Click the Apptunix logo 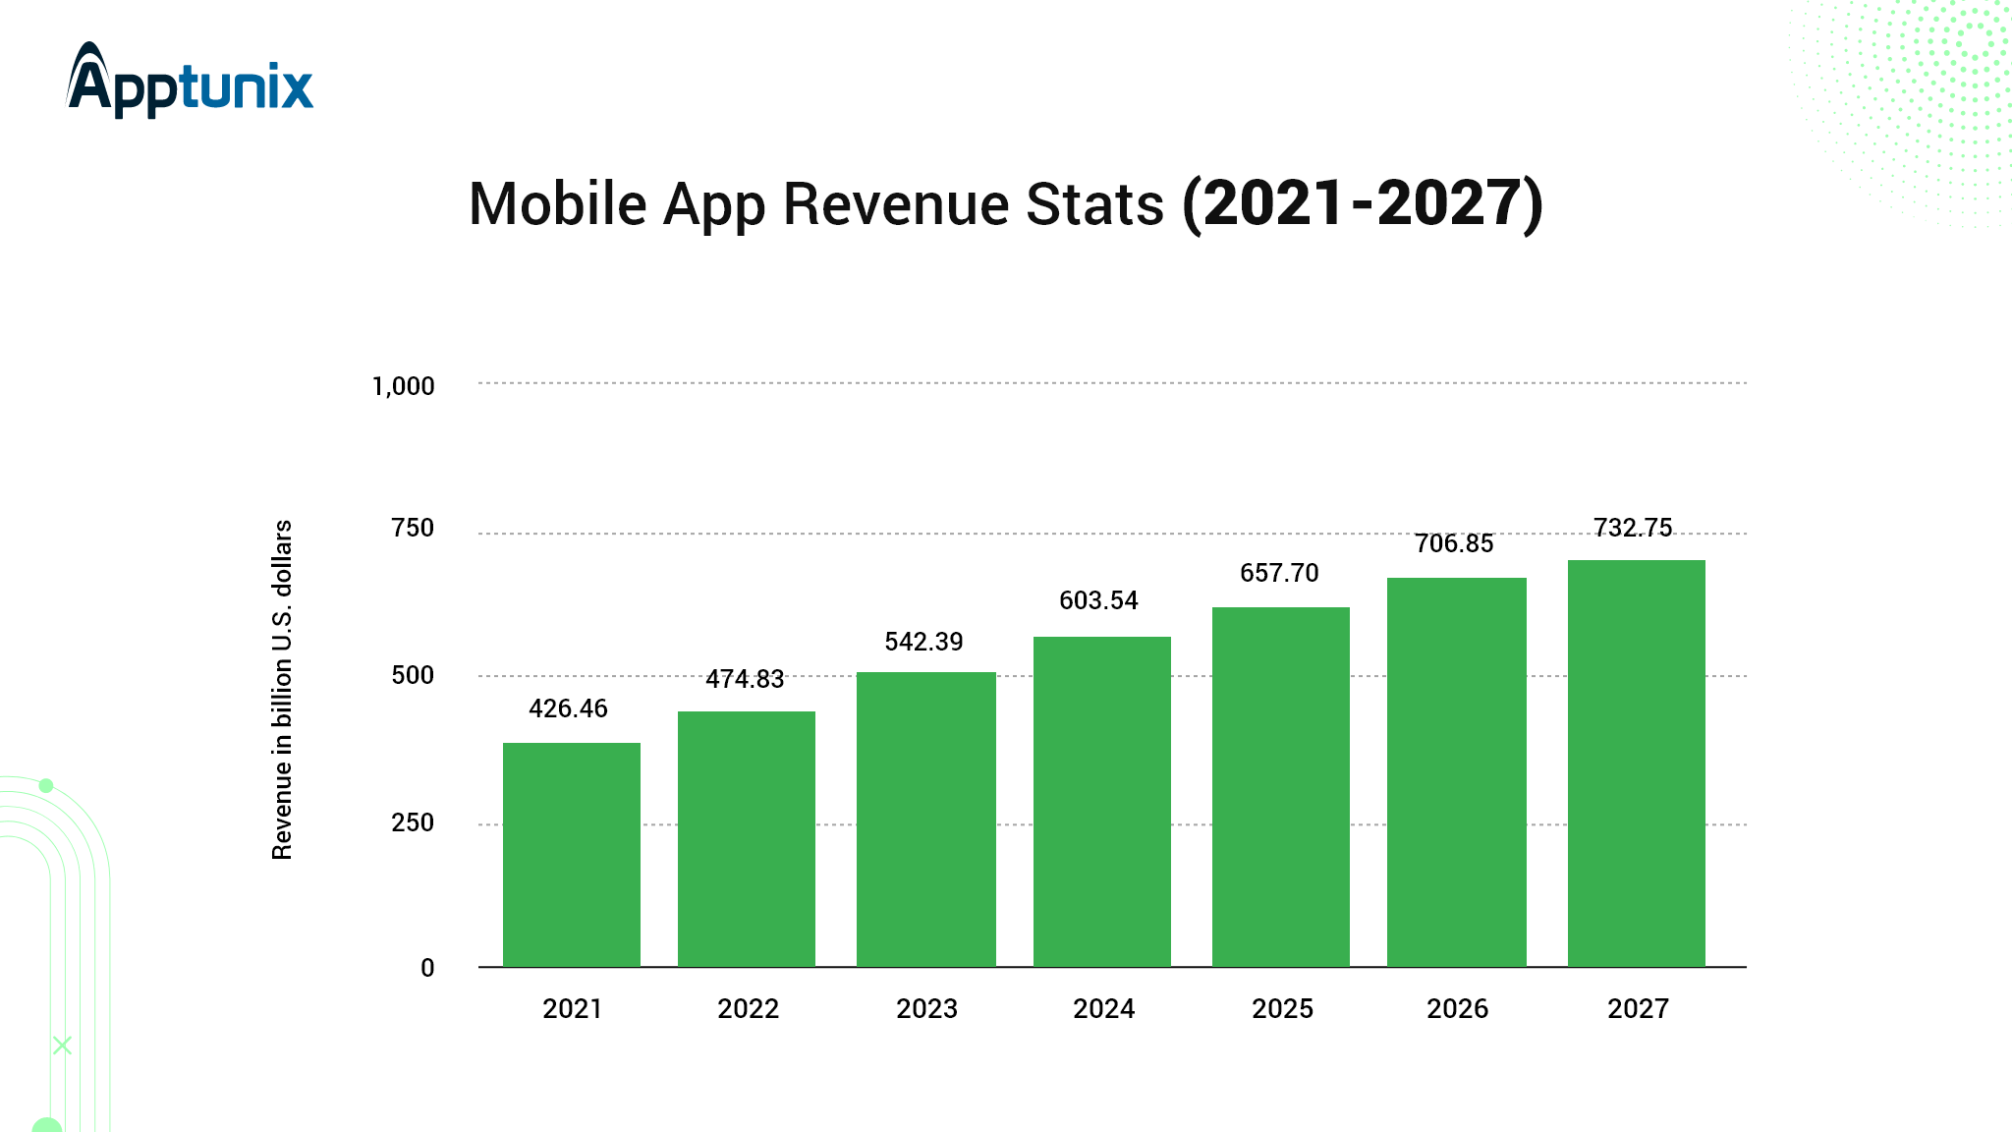(190, 81)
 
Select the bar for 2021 (572, 854)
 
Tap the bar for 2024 (1102, 801)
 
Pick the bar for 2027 (1637, 763)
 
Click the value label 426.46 (568, 708)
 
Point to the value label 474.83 (745, 679)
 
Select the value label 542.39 (923, 642)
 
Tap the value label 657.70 (1279, 573)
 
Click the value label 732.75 (1633, 528)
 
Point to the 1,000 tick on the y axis (403, 386)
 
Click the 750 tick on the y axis (413, 528)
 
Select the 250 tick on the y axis (413, 822)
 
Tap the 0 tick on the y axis (427, 968)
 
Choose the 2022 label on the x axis (748, 1009)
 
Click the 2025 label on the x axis (1282, 1009)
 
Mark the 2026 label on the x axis (1457, 1009)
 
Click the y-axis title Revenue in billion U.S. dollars (282, 690)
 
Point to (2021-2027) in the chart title (1363, 204)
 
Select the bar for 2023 (926, 819)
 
